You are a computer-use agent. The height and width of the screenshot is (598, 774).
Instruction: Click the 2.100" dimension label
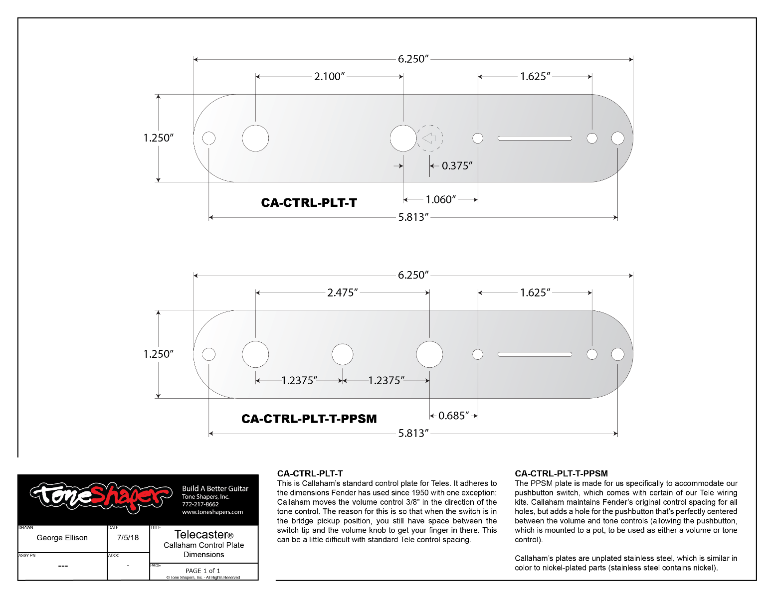[x=329, y=77]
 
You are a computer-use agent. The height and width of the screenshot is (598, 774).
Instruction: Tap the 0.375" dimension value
[x=457, y=166]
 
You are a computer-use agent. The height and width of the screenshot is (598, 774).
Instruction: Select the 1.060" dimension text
[x=440, y=200]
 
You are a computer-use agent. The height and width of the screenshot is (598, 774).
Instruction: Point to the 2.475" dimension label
[x=343, y=293]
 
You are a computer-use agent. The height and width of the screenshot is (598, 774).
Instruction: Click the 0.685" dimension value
[x=453, y=416]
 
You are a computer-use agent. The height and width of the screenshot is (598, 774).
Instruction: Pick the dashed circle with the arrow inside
[x=429, y=138]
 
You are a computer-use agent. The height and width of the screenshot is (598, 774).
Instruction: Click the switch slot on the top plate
[x=535, y=138]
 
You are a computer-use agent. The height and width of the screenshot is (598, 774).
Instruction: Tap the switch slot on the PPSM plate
[x=535, y=354]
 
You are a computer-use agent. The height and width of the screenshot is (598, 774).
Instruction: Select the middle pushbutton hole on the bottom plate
[x=343, y=354]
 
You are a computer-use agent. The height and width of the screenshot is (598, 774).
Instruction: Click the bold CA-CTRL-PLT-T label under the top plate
[x=309, y=203]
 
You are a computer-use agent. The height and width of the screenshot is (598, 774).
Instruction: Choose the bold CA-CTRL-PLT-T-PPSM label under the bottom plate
[x=309, y=419]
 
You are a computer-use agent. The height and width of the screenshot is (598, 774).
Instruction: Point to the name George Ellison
[x=62, y=538]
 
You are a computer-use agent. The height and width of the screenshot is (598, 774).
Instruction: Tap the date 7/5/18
[x=128, y=538]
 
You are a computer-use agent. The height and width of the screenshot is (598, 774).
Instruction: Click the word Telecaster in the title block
[x=201, y=535]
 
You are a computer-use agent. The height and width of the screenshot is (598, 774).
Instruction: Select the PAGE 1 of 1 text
[x=203, y=571]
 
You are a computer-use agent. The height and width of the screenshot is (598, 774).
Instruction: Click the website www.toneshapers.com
[x=212, y=512]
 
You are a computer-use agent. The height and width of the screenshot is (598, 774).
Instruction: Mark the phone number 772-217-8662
[x=200, y=504]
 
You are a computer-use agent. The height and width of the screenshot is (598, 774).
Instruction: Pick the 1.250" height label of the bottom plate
[x=159, y=354]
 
